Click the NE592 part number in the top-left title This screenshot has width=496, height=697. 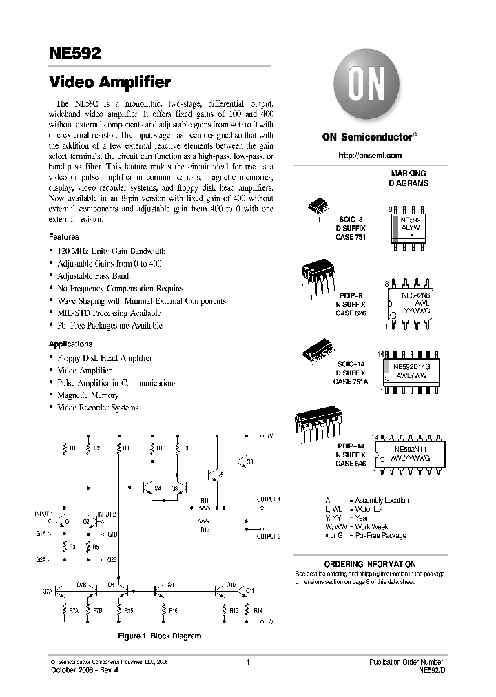coord(75,52)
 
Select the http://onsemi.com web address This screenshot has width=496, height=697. coord(370,156)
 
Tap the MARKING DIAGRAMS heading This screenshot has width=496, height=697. coord(409,178)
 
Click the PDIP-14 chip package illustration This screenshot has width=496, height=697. coord(315,424)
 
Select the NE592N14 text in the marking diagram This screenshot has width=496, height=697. coord(410,448)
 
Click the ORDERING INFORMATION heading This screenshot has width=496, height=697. coord(370,564)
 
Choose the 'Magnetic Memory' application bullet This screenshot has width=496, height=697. coord(88,395)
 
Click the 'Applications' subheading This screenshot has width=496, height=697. coord(70,344)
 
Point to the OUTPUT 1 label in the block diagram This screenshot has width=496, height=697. coord(269,499)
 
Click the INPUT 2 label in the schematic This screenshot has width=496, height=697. coord(107,514)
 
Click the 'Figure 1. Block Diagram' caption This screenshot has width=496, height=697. coord(160,636)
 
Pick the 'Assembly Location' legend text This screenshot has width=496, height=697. coord(379,501)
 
